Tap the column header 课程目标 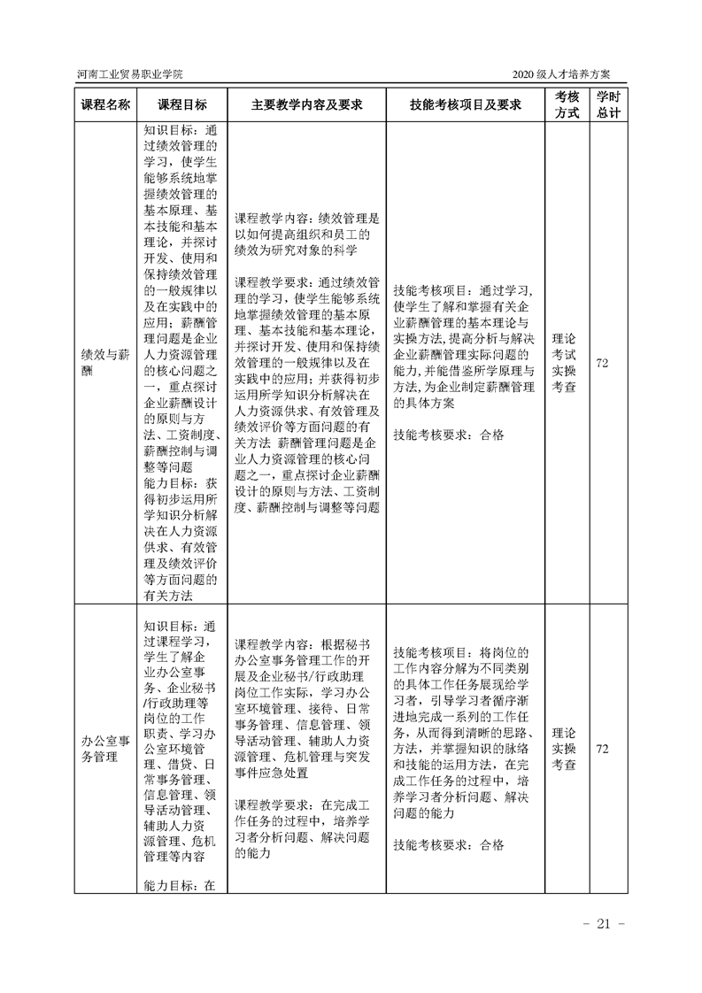pos(182,104)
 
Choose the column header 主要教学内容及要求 pos(307,104)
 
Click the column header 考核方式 pos(567,104)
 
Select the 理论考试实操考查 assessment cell pos(567,363)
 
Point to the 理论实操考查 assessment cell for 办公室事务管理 pos(567,749)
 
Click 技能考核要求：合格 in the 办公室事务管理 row pos(448,845)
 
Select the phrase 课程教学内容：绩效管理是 pos(307,217)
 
